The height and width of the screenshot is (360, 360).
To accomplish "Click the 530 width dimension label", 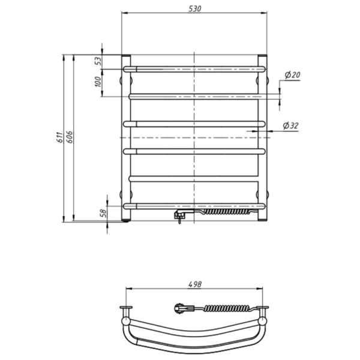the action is tap(194, 8).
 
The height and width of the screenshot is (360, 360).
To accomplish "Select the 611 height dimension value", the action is tap(59, 137).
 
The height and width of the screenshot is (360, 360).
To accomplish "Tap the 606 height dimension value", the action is tap(70, 137).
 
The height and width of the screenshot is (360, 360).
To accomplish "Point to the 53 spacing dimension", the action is tap(98, 61).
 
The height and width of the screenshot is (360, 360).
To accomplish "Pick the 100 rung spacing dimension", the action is tap(98, 82).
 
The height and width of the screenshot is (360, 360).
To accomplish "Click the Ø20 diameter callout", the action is tap(292, 74).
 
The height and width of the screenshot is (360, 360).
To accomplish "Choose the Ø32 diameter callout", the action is tap(290, 125).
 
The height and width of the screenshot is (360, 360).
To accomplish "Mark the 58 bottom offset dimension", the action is tap(104, 213).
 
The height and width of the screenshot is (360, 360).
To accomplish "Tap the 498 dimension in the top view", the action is tap(194, 284).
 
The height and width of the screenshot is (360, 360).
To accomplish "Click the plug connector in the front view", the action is tap(180, 215).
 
